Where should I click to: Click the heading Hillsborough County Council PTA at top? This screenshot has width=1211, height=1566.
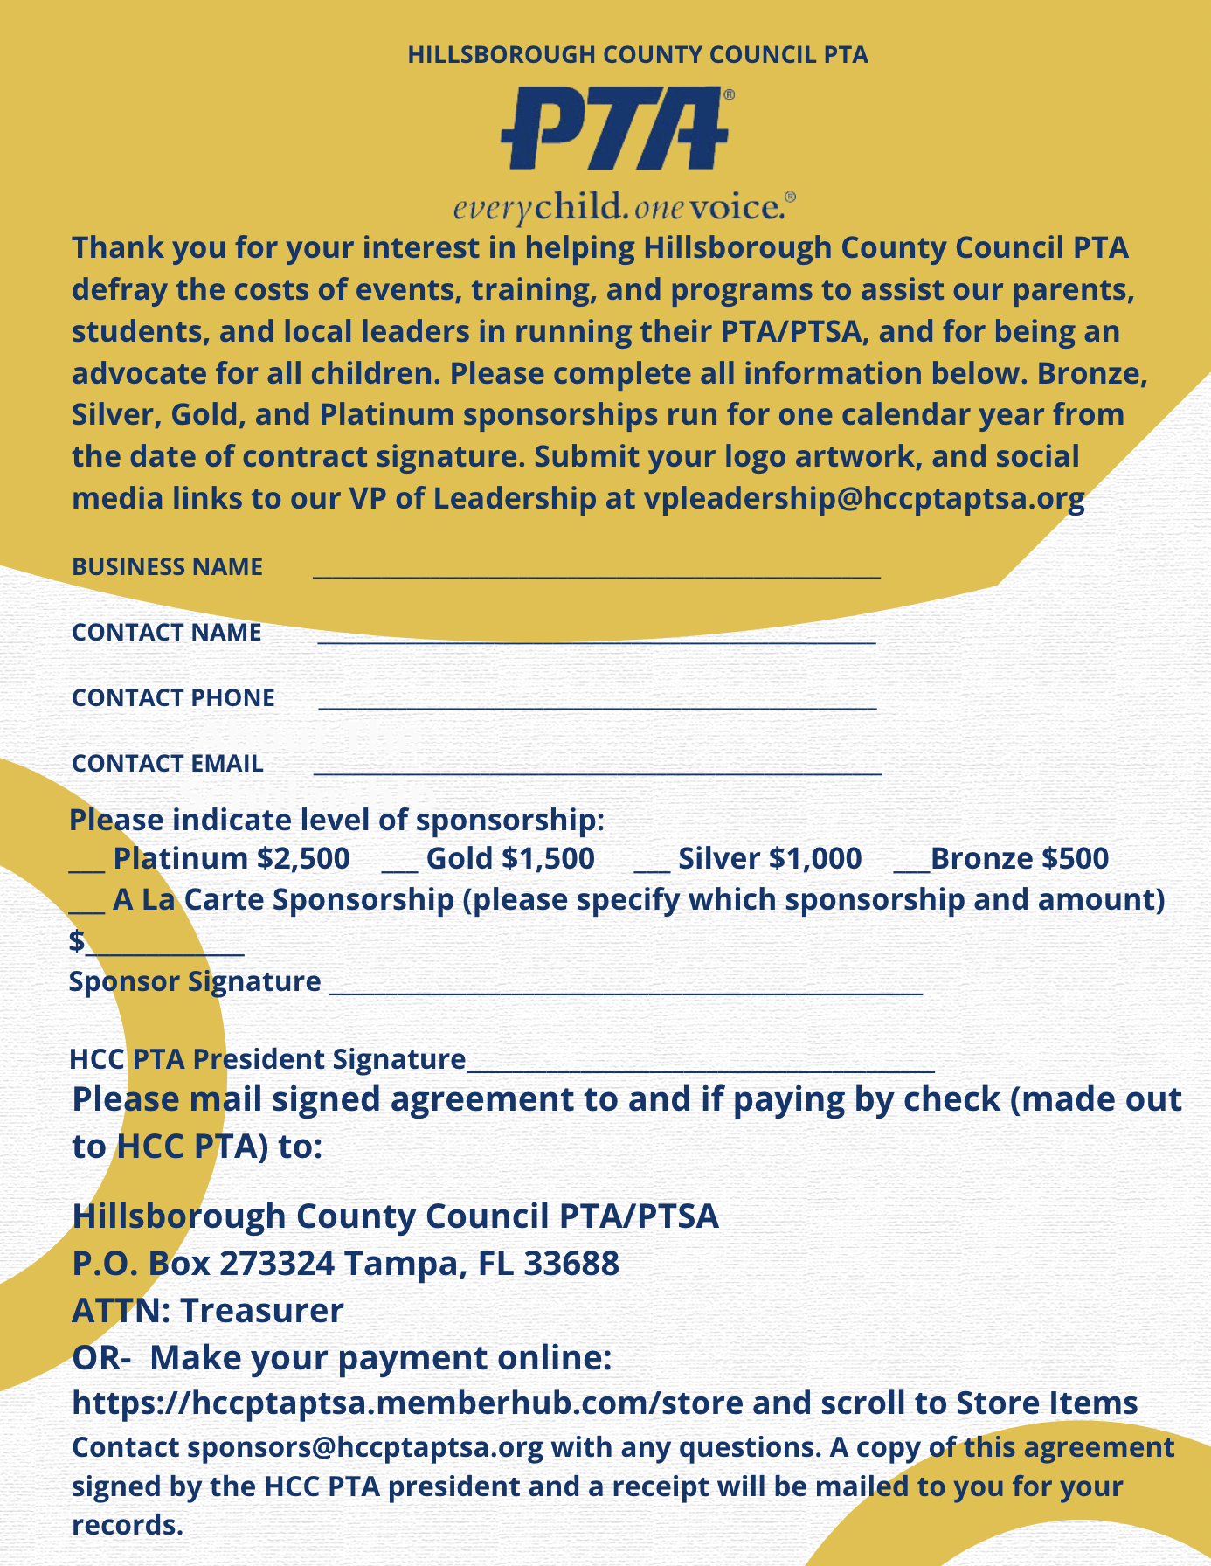(x=638, y=55)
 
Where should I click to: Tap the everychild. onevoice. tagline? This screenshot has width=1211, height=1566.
(x=624, y=207)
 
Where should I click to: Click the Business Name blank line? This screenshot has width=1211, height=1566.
(x=596, y=573)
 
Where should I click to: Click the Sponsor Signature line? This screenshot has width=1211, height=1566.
(x=625, y=990)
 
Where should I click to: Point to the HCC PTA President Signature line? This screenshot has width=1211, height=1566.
(x=700, y=1067)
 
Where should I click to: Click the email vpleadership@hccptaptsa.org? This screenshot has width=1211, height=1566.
(x=863, y=498)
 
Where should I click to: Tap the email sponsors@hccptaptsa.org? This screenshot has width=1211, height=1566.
(x=365, y=1447)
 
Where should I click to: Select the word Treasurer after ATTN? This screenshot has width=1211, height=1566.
(x=262, y=1311)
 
